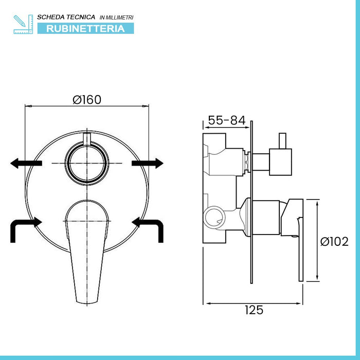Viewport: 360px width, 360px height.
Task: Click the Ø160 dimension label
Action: [87, 99]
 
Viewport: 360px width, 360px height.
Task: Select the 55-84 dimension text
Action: [226, 121]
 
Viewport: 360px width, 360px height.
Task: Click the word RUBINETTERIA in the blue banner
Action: [85, 28]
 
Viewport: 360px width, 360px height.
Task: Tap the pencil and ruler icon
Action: [23, 24]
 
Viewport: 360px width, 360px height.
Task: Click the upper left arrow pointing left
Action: [26, 164]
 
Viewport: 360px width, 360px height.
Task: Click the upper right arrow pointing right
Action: [148, 164]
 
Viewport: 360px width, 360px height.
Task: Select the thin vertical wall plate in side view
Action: [251, 206]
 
